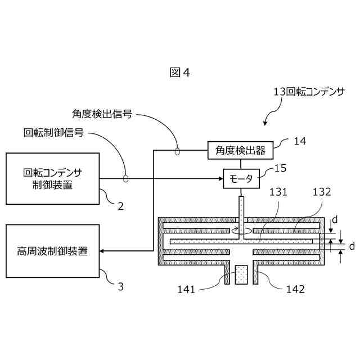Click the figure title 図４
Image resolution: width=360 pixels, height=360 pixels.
coord(180,73)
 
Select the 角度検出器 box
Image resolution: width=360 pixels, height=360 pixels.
coord(240,150)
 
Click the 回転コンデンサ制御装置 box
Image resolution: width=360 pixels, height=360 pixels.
coord(52,178)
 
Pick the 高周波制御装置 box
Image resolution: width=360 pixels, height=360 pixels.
coord(52,251)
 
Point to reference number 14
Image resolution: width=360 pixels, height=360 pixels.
coord(300,142)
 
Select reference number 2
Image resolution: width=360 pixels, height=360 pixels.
coord(120,206)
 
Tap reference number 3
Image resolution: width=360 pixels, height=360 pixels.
coord(120,286)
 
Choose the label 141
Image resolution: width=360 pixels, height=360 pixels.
coord(186,290)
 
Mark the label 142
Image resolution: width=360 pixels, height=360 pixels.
coord(295,290)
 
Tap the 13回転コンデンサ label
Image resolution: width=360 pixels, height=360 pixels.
coord(308,91)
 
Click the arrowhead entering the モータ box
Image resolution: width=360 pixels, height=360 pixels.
coord(222,179)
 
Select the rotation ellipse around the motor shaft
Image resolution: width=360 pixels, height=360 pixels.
coord(241,231)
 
